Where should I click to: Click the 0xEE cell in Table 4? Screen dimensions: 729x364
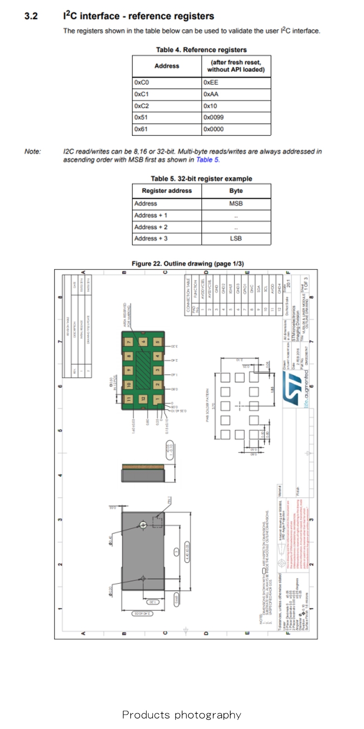coord(236,82)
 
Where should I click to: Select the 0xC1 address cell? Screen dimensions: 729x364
coord(167,94)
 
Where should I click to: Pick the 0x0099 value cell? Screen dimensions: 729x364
coord(236,117)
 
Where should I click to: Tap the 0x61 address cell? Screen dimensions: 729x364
coord(167,129)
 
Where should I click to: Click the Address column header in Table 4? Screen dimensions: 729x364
coord(167,66)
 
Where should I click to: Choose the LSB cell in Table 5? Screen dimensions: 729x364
coord(236,239)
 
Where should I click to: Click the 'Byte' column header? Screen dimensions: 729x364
coord(236,191)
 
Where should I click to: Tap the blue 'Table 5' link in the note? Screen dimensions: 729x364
coord(207,160)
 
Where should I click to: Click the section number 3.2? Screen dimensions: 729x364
coord(31,16)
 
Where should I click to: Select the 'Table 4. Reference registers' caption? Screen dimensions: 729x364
coord(201,50)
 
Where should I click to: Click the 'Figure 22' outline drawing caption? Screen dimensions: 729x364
coord(188,263)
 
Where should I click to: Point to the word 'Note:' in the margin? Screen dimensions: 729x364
coord(32,152)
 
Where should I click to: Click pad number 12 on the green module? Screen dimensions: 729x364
coord(143,398)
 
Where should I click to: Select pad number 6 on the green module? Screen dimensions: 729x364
coord(143,342)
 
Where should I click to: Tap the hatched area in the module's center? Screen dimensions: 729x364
coord(144,369)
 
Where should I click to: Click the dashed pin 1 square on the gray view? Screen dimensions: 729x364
coord(158,522)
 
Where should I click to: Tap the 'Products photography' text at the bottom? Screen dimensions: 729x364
coord(182,715)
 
